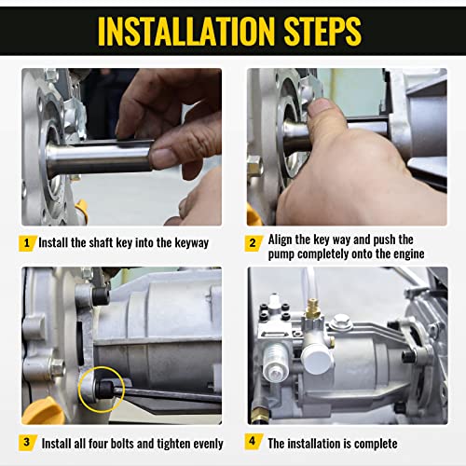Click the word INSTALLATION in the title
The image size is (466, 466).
186,32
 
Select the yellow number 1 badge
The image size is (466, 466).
27,242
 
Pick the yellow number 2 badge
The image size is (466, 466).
253,242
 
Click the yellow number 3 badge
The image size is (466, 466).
27,442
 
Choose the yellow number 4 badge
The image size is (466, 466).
253,441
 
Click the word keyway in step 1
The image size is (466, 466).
192,243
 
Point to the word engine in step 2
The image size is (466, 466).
409,254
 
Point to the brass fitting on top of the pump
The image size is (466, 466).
313,308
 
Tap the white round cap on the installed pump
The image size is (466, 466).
318,358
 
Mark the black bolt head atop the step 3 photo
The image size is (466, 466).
101,296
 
